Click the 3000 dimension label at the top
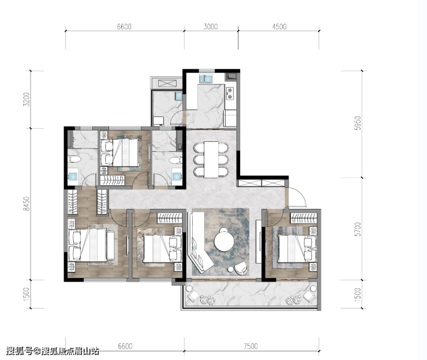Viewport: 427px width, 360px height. (x=211, y=27)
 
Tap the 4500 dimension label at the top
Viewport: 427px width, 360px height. (x=279, y=27)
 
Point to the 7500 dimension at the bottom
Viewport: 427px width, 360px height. (x=250, y=346)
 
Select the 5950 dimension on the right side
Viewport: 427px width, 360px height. (x=358, y=123)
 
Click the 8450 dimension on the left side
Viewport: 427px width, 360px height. (x=26, y=204)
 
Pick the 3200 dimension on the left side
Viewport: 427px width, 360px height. (x=26, y=99)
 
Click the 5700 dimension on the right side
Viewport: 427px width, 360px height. (x=358, y=229)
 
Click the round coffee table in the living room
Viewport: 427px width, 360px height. (x=224, y=242)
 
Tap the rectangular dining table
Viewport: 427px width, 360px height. (x=211, y=160)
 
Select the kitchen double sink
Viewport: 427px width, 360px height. (x=206, y=78)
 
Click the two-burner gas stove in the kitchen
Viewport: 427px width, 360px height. (x=230, y=93)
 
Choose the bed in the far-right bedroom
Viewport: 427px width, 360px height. (x=297, y=248)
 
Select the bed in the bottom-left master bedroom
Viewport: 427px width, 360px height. (x=88, y=245)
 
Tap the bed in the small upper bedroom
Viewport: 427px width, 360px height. (x=120, y=152)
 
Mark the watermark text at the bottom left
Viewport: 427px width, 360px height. (x=53, y=351)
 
